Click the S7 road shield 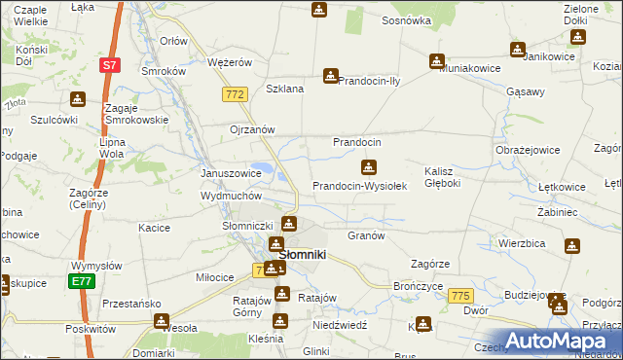pyautogui.click(x=109, y=65)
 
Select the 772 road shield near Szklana pyautogui.click(x=233, y=93)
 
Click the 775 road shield pyautogui.click(x=461, y=296)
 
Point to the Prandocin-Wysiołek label pyautogui.click(x=358, y=186)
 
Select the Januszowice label pyautogui.click(x=231, y=173)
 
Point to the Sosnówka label pyautogui.click(x=406, y=19)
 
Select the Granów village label pyautogui.click(x=367, y=235)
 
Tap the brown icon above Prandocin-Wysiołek pyautogui.click(x=368, y=166)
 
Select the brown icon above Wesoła pyautogui.click(x=161, y=320)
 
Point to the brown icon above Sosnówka pyautogui.click(x=318, y=10)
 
